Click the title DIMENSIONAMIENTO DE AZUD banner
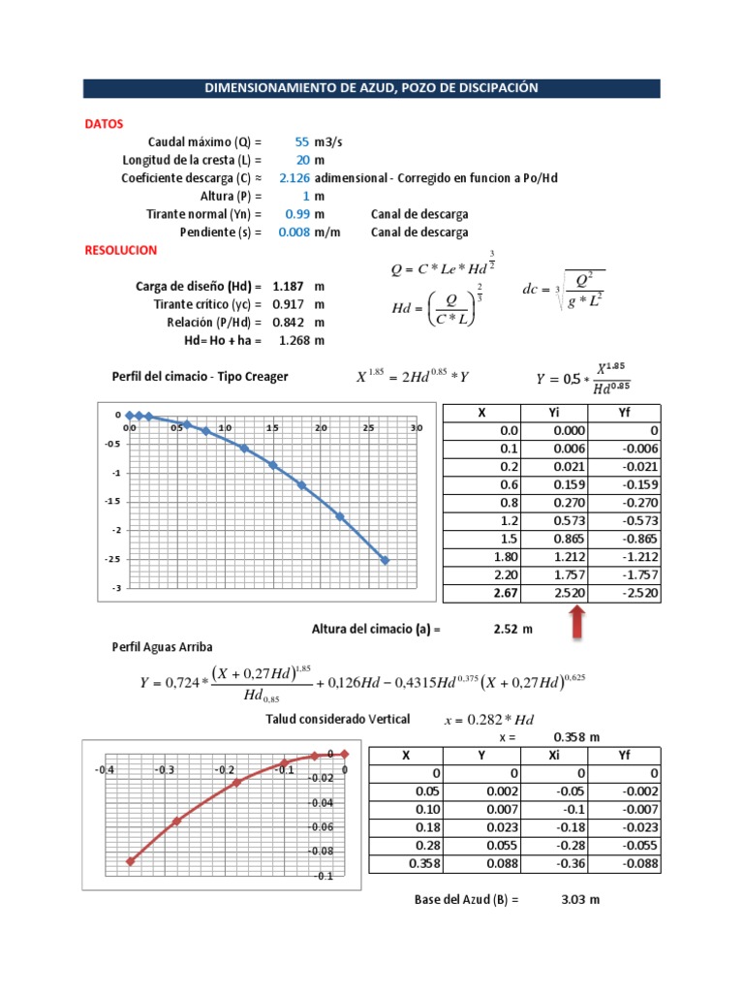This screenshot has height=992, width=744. (x=371, y=88)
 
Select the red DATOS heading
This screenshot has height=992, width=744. (x=104, y=124)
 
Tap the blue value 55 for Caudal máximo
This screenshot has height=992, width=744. (x=301, y=141)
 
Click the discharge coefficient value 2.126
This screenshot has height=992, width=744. (x=294, y=178)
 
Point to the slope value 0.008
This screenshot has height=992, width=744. (x=294, y=232)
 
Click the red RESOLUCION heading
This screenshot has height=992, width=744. (x=121, y=250)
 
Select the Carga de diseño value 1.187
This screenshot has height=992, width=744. (x=290, y=287)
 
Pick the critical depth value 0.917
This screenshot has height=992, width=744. (x=290, y=304)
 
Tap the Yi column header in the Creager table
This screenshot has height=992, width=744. (x=553, y=413)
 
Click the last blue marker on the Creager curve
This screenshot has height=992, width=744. (x=385, y=560)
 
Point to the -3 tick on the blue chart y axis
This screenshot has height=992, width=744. (x=115, y=588)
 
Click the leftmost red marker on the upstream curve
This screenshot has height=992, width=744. (x=130, y=860)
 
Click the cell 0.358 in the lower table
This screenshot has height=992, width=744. (x=423, y=863)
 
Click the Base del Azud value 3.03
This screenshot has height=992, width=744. (x=573, y=900)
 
